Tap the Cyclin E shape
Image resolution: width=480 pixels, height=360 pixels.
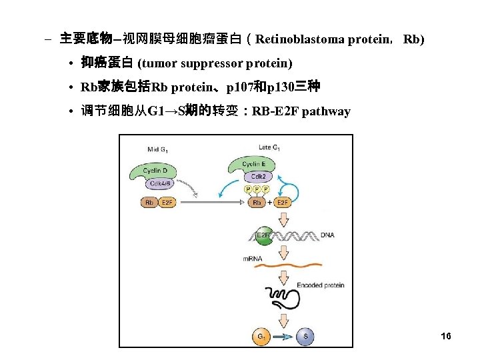coord(253,164)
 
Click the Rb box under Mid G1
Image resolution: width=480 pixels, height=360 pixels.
coord(149,202)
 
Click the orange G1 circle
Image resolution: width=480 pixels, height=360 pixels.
coord(261,337)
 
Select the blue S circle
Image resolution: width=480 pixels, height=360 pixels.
coord(304,337)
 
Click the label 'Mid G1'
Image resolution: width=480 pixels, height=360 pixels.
coord(158,149)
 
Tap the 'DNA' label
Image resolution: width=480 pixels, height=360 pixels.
coord(327,235)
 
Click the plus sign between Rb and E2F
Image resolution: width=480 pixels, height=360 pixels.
coord(269,202)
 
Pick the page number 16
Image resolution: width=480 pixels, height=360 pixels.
coord(446,336)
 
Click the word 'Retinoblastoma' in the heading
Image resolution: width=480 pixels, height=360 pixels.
coord(300,39)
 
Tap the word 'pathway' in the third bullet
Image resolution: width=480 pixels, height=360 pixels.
coord(326,111)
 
